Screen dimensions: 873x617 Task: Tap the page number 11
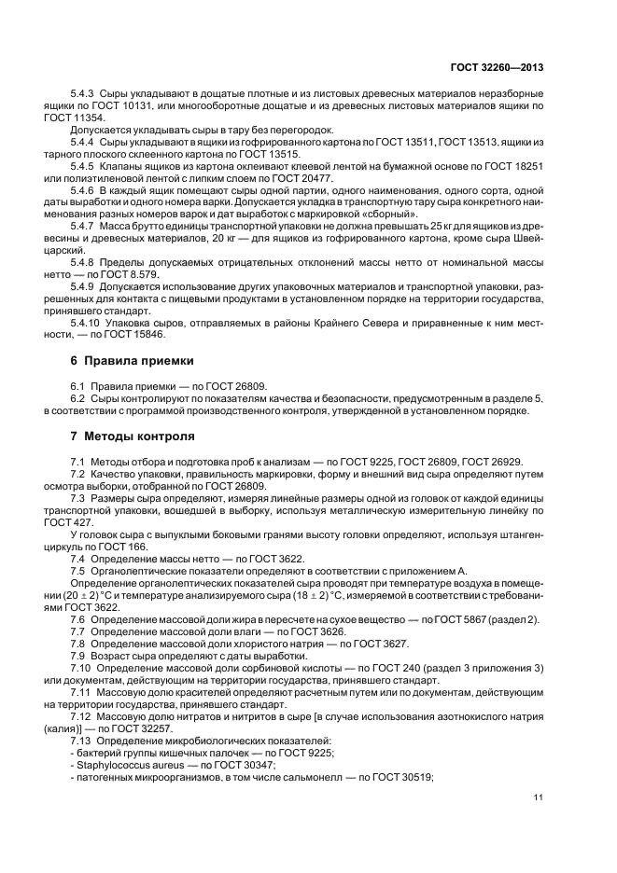(x=539, y=797)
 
